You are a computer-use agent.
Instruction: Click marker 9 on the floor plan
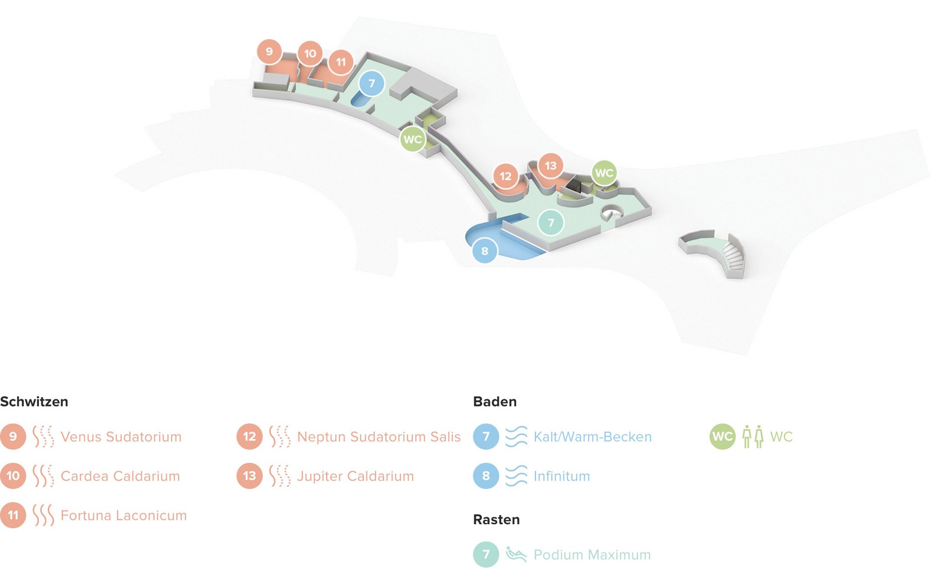pos(269,52)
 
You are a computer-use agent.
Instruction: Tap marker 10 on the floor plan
pos(310,53)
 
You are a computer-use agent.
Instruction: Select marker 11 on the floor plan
pos(341,62)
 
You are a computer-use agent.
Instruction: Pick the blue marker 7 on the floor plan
pos(372,84)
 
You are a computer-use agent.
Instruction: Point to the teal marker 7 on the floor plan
pos(551,223)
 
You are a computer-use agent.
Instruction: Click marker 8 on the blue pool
pos(484,251)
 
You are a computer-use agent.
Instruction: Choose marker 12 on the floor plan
pos(505,176)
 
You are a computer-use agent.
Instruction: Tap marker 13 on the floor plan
pos(550,166)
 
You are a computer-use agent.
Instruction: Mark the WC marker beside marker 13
pos(604,173)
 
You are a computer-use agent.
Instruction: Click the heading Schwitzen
pos(34,402)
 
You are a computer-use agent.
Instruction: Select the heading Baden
pos(495,402)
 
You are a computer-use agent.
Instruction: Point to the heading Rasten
pos(496,519)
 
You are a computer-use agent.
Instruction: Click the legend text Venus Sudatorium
pos(121,437)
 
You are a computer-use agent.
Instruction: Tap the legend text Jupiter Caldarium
pos(355,476)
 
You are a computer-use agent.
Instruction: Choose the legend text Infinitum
pos(562,476)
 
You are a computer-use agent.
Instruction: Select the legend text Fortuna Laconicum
pos(123,515)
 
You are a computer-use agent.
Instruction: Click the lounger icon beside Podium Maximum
pos(516,554)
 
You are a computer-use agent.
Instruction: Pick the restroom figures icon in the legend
pos(753,437)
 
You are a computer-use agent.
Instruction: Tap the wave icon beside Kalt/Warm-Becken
pos(516,437)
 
